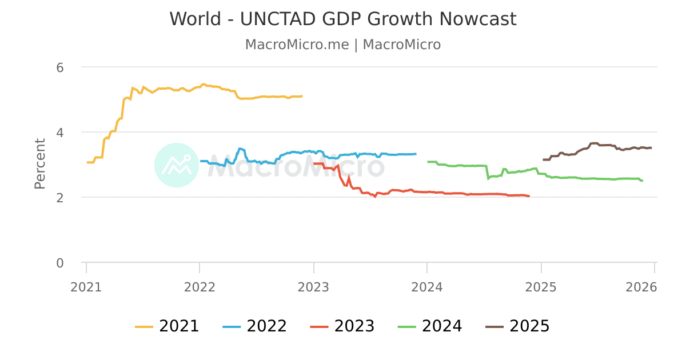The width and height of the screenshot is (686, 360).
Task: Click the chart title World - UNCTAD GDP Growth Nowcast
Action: pyautogui.click(x=343, y=19)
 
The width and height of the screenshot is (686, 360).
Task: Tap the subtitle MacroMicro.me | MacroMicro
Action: pyautogui.click(x=343, y=45)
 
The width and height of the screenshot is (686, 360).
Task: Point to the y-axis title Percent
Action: pyautogui.click(x=39, y=163)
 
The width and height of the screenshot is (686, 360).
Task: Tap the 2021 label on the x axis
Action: pyautogui.click(x=86, y=287)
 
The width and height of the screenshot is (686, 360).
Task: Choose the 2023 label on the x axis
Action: pyautogui.click(x=313, y=287)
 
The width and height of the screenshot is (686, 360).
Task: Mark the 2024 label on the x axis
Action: pyautogui.click(x=427, y=287)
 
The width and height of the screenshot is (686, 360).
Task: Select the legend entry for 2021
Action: pyautogui.click(x=167, y=326)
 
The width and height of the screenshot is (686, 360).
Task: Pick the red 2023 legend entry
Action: pyautogui.click(x=342, y=326)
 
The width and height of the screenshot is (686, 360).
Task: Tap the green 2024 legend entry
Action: pyautogui.click(x=430, y=326)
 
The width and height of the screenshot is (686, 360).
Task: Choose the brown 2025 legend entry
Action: pyautogui.click(x=517, y=326)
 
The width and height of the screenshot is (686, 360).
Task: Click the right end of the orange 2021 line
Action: pyautogui.click(x=302, y=96)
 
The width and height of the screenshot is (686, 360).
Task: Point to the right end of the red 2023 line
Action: pyautogui.click(x=529, y=196)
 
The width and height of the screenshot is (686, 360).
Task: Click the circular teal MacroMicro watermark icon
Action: pyautogui.click(x=177, y=165)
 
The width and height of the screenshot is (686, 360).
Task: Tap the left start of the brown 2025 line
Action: pyautogui.click(x=543, y=159)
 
